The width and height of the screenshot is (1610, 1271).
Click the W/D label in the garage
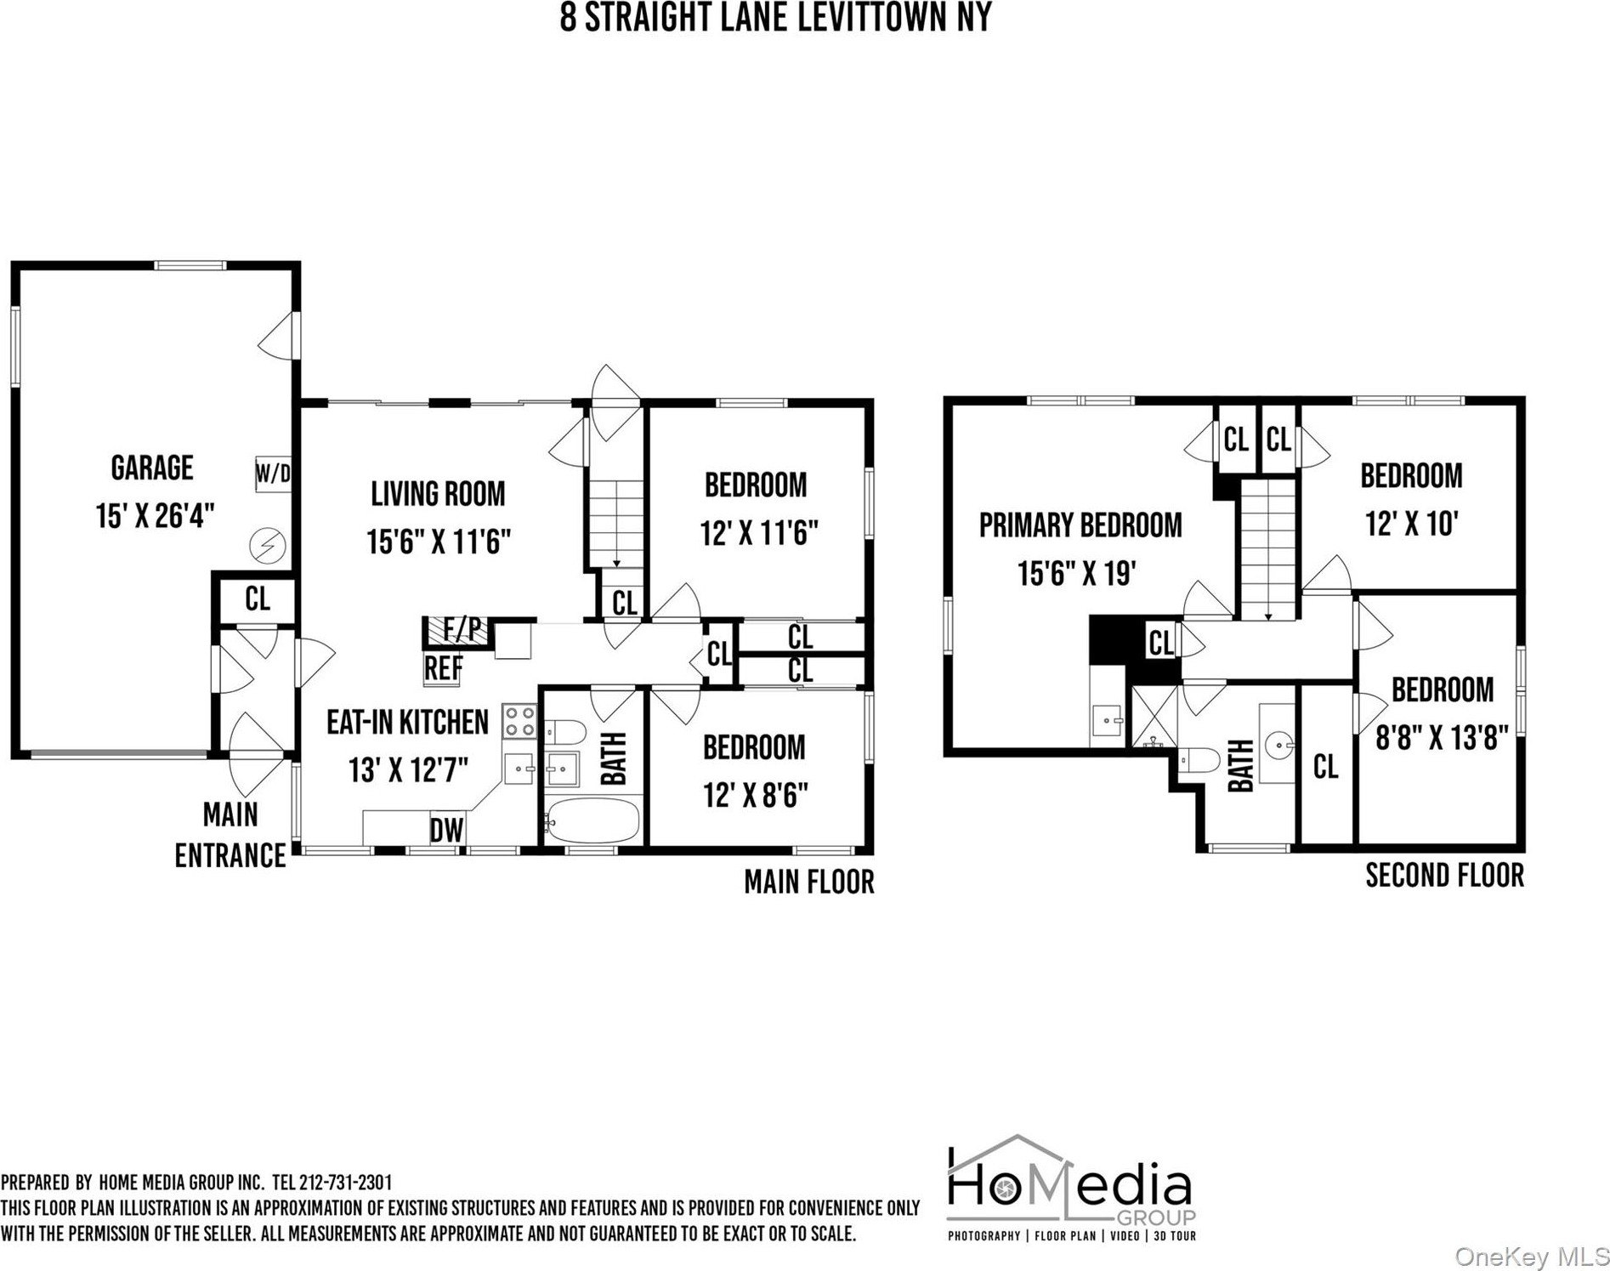pyautogui.click(x=273, y=474)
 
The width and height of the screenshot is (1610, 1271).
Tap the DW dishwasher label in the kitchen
pyautogui.click(x=446, y=830)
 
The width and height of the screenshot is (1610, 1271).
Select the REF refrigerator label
pyautogui.click(x=443, y=668)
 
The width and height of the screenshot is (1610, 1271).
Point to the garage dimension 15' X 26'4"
pyautogui.click(x=155, y=515)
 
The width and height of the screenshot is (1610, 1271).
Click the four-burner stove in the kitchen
pyautogui.click(x=519, y=721)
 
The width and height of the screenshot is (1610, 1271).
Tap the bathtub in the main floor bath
pyautogui.click(x=592, y=820)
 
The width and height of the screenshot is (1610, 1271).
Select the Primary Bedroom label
pyautogui.click(x=1080, y=525)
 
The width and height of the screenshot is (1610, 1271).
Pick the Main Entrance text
pyautogui.click(x=230, y=835)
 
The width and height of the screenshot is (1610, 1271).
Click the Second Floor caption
pyautogui.click(x=1444, y=875)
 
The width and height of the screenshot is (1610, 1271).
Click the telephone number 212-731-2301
pyautogui.click(x=346, y=1183)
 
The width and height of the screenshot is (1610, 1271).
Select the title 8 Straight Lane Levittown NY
pyautogui.click(x=775, y=17)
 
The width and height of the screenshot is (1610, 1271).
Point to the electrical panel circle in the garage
pyautogui.click(x=268, y=545)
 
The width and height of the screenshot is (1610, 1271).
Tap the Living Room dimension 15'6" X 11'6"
pyautogui.click(x=439, y=541)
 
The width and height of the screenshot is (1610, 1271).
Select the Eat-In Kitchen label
pyautogui.click(x=408, y=722)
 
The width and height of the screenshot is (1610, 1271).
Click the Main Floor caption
pyautogui.click(x=809, y=882)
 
